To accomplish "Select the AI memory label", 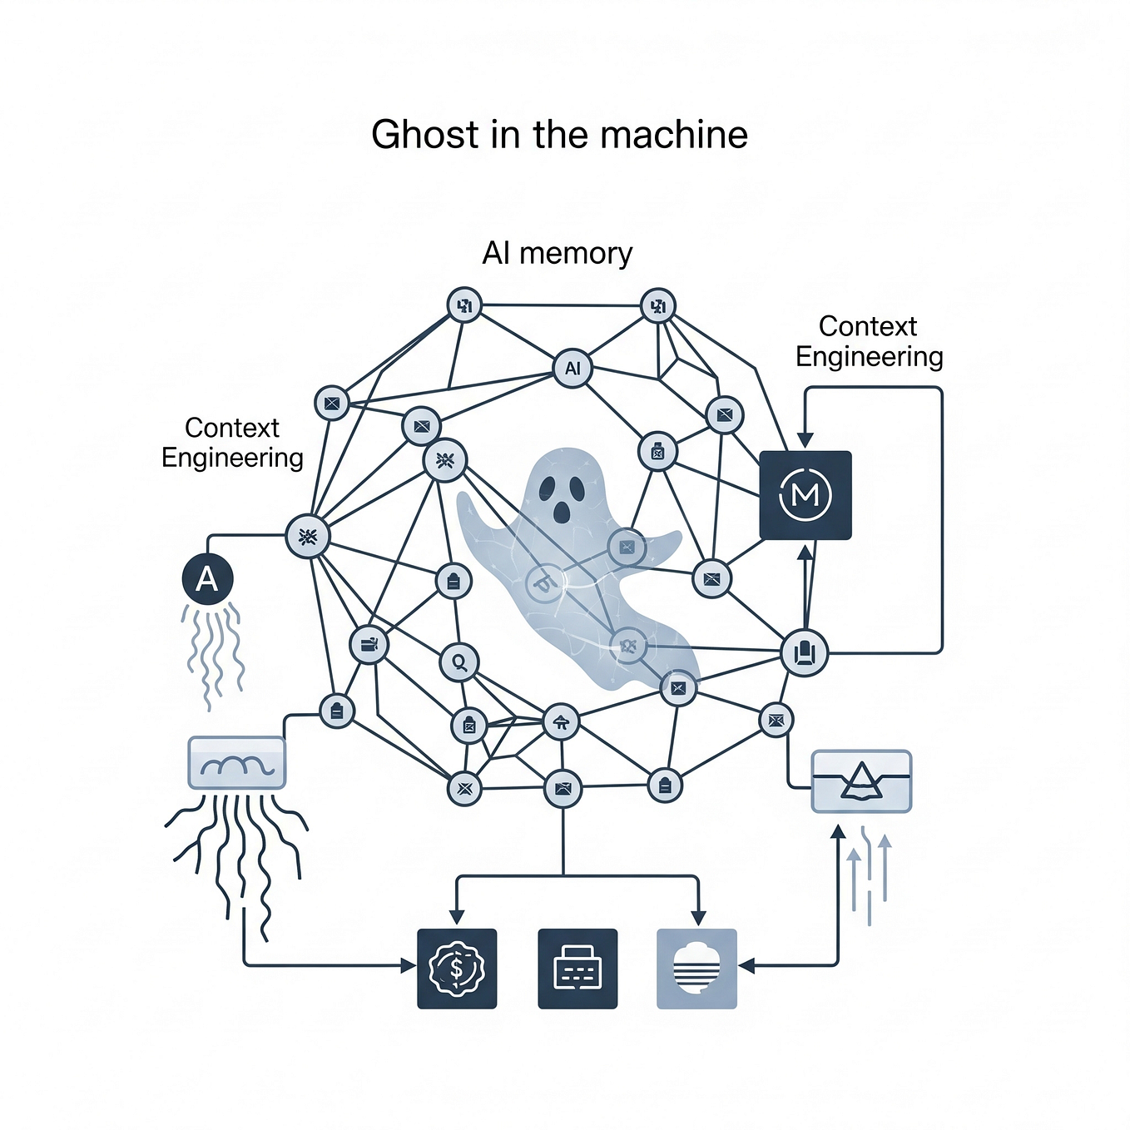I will [x=558, y=253].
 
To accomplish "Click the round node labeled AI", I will [x=572, y=368].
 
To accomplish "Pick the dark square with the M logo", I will [x=805, y=495].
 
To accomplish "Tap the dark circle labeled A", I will [x=207, y=579].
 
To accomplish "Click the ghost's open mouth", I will [x=563, y=512].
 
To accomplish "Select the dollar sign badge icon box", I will [x=457, y=969].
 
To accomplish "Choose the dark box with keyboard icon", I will [x=577, y=969].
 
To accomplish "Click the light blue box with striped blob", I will [x=696, y=969].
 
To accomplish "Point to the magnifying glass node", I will [x=458, y=662].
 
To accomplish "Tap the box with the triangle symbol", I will [x=861, y=781].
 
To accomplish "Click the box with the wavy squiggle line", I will [x=237, y=762].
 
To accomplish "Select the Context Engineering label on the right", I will [x=869, y=341].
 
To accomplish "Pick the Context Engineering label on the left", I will [x=232, y=443].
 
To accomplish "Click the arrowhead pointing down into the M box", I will [x=805, y=441].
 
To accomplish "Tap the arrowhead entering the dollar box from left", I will [x=408, y=965].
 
